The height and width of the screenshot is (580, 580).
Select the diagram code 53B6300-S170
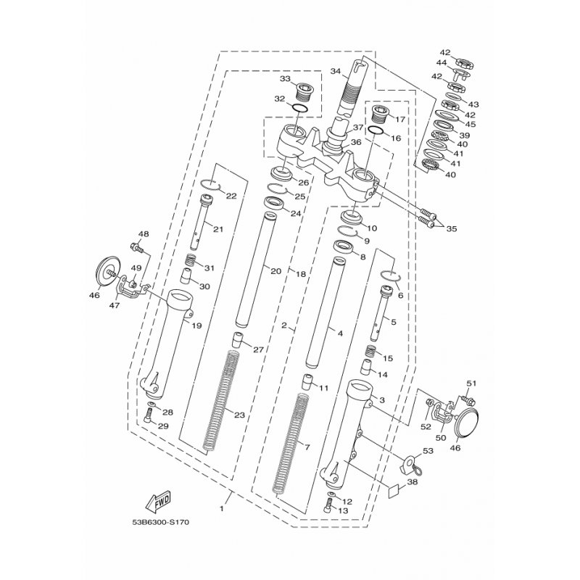(164, 521)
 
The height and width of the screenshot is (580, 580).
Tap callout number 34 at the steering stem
(334, 71)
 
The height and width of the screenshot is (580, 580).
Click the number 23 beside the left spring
(239, 415)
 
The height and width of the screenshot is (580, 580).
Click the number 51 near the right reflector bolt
(470, 384)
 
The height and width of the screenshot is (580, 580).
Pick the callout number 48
(143, 234)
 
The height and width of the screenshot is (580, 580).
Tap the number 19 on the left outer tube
(196, 326)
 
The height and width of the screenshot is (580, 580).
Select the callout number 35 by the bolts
(452, 228)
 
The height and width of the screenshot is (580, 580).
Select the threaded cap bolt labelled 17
(379, 114)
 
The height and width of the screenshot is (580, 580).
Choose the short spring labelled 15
(370, 352)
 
